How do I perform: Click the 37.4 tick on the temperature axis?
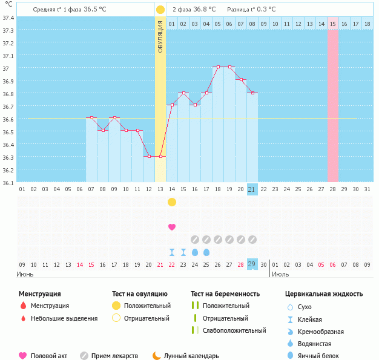8,18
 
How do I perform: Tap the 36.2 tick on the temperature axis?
8,170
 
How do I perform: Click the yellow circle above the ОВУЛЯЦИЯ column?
160,10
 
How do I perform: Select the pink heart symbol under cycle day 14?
172,227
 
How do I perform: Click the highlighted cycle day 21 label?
252,189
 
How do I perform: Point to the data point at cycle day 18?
218,67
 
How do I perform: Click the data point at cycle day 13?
160,157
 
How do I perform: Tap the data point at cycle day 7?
91,118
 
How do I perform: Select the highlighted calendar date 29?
252,264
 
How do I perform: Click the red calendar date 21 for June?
160,264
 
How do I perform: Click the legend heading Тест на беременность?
225,294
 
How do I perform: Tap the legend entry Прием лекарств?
114,356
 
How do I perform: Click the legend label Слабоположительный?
234,330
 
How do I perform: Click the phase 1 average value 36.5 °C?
99,10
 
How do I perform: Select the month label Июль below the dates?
280,274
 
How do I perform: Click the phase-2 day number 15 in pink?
333,24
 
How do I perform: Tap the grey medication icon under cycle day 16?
195,240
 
